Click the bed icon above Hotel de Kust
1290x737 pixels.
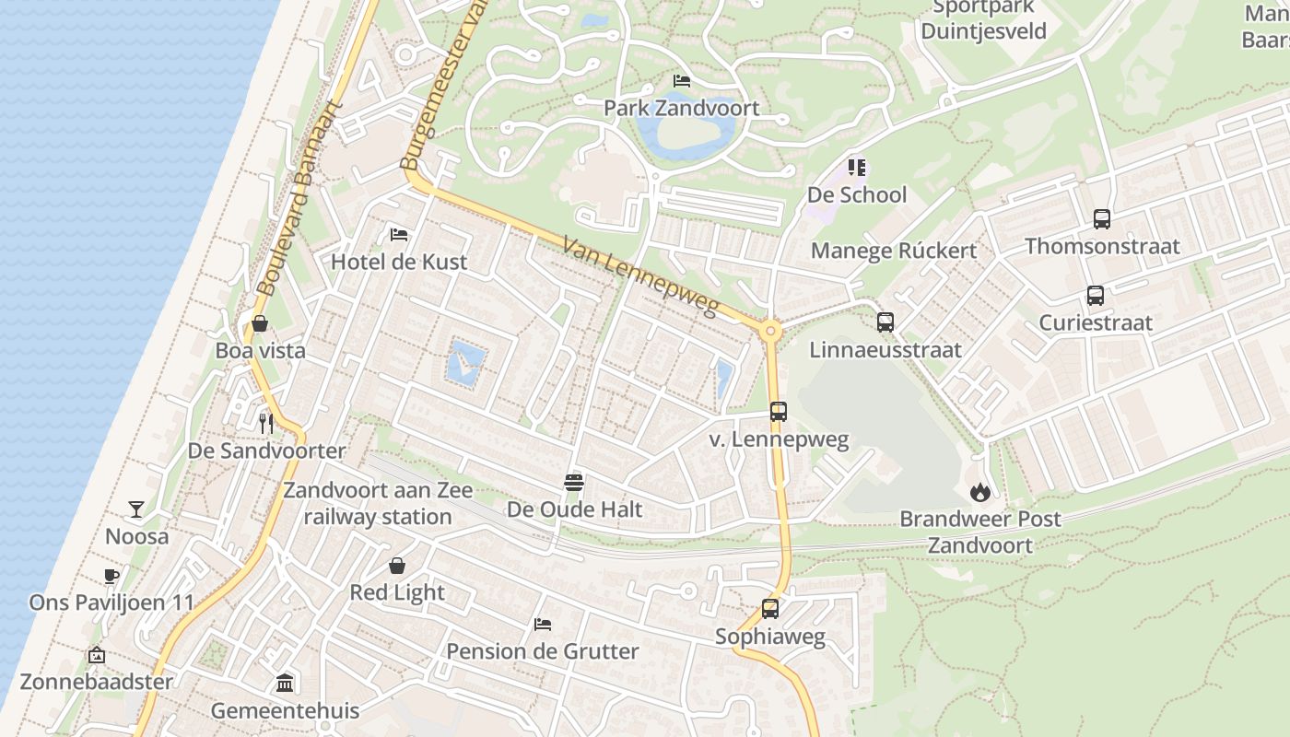[x=399, y=235]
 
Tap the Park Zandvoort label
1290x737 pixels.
[x=681, y=108]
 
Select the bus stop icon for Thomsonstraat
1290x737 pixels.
[x=1102, y=219]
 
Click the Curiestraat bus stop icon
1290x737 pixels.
[x=1096, y=296]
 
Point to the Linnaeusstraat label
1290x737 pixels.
[x=885, y=350]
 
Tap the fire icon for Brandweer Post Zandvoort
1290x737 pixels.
[x=979, y=493]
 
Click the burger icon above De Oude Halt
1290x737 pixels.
[x=574, y=483]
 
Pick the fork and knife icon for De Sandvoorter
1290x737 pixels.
[x=266, y=424]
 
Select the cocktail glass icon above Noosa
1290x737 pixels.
[x=136, y=509]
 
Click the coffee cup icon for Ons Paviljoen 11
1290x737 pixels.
[x=111, y=577]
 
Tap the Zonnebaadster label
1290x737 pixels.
[x=97, y=683]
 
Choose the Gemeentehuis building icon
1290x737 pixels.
[x=285, y=684]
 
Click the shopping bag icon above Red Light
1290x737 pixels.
[x=397, y=566]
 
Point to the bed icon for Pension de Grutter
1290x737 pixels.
[x=543, y=625]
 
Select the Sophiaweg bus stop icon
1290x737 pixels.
[x=770, y=609]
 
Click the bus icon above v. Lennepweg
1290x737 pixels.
[x=779, y=412]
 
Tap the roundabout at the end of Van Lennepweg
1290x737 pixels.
[x=771, y=331]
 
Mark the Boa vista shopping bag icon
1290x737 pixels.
[x=260, y=323]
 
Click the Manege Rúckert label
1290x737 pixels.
[x=893, y=251]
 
